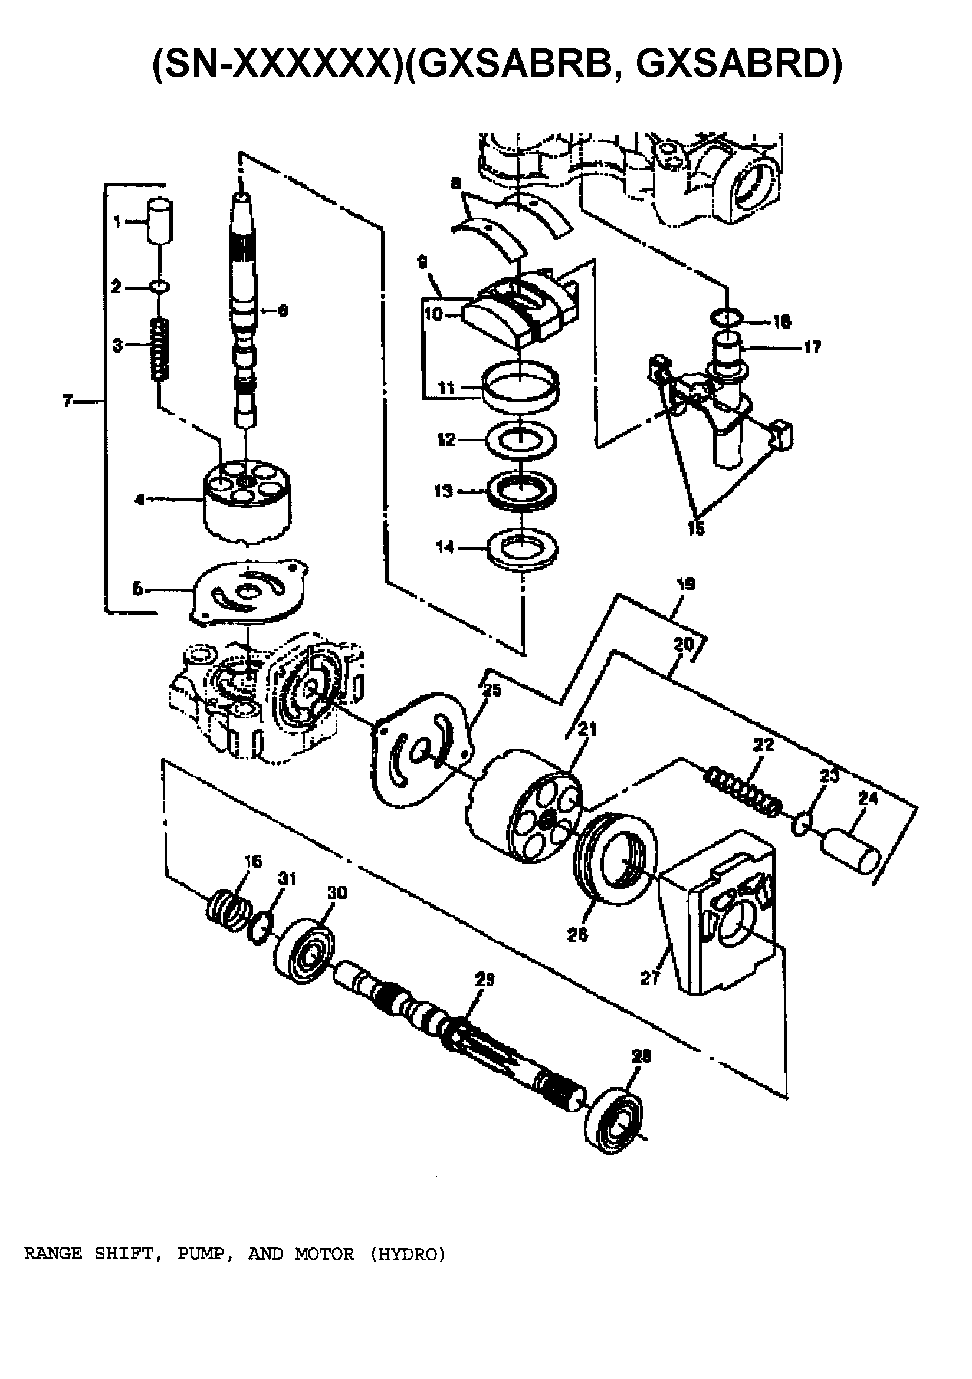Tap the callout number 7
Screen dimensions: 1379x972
coord(68,400)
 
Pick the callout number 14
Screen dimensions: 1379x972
coord(445,547)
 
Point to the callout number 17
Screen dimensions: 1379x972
coord(812,347)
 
